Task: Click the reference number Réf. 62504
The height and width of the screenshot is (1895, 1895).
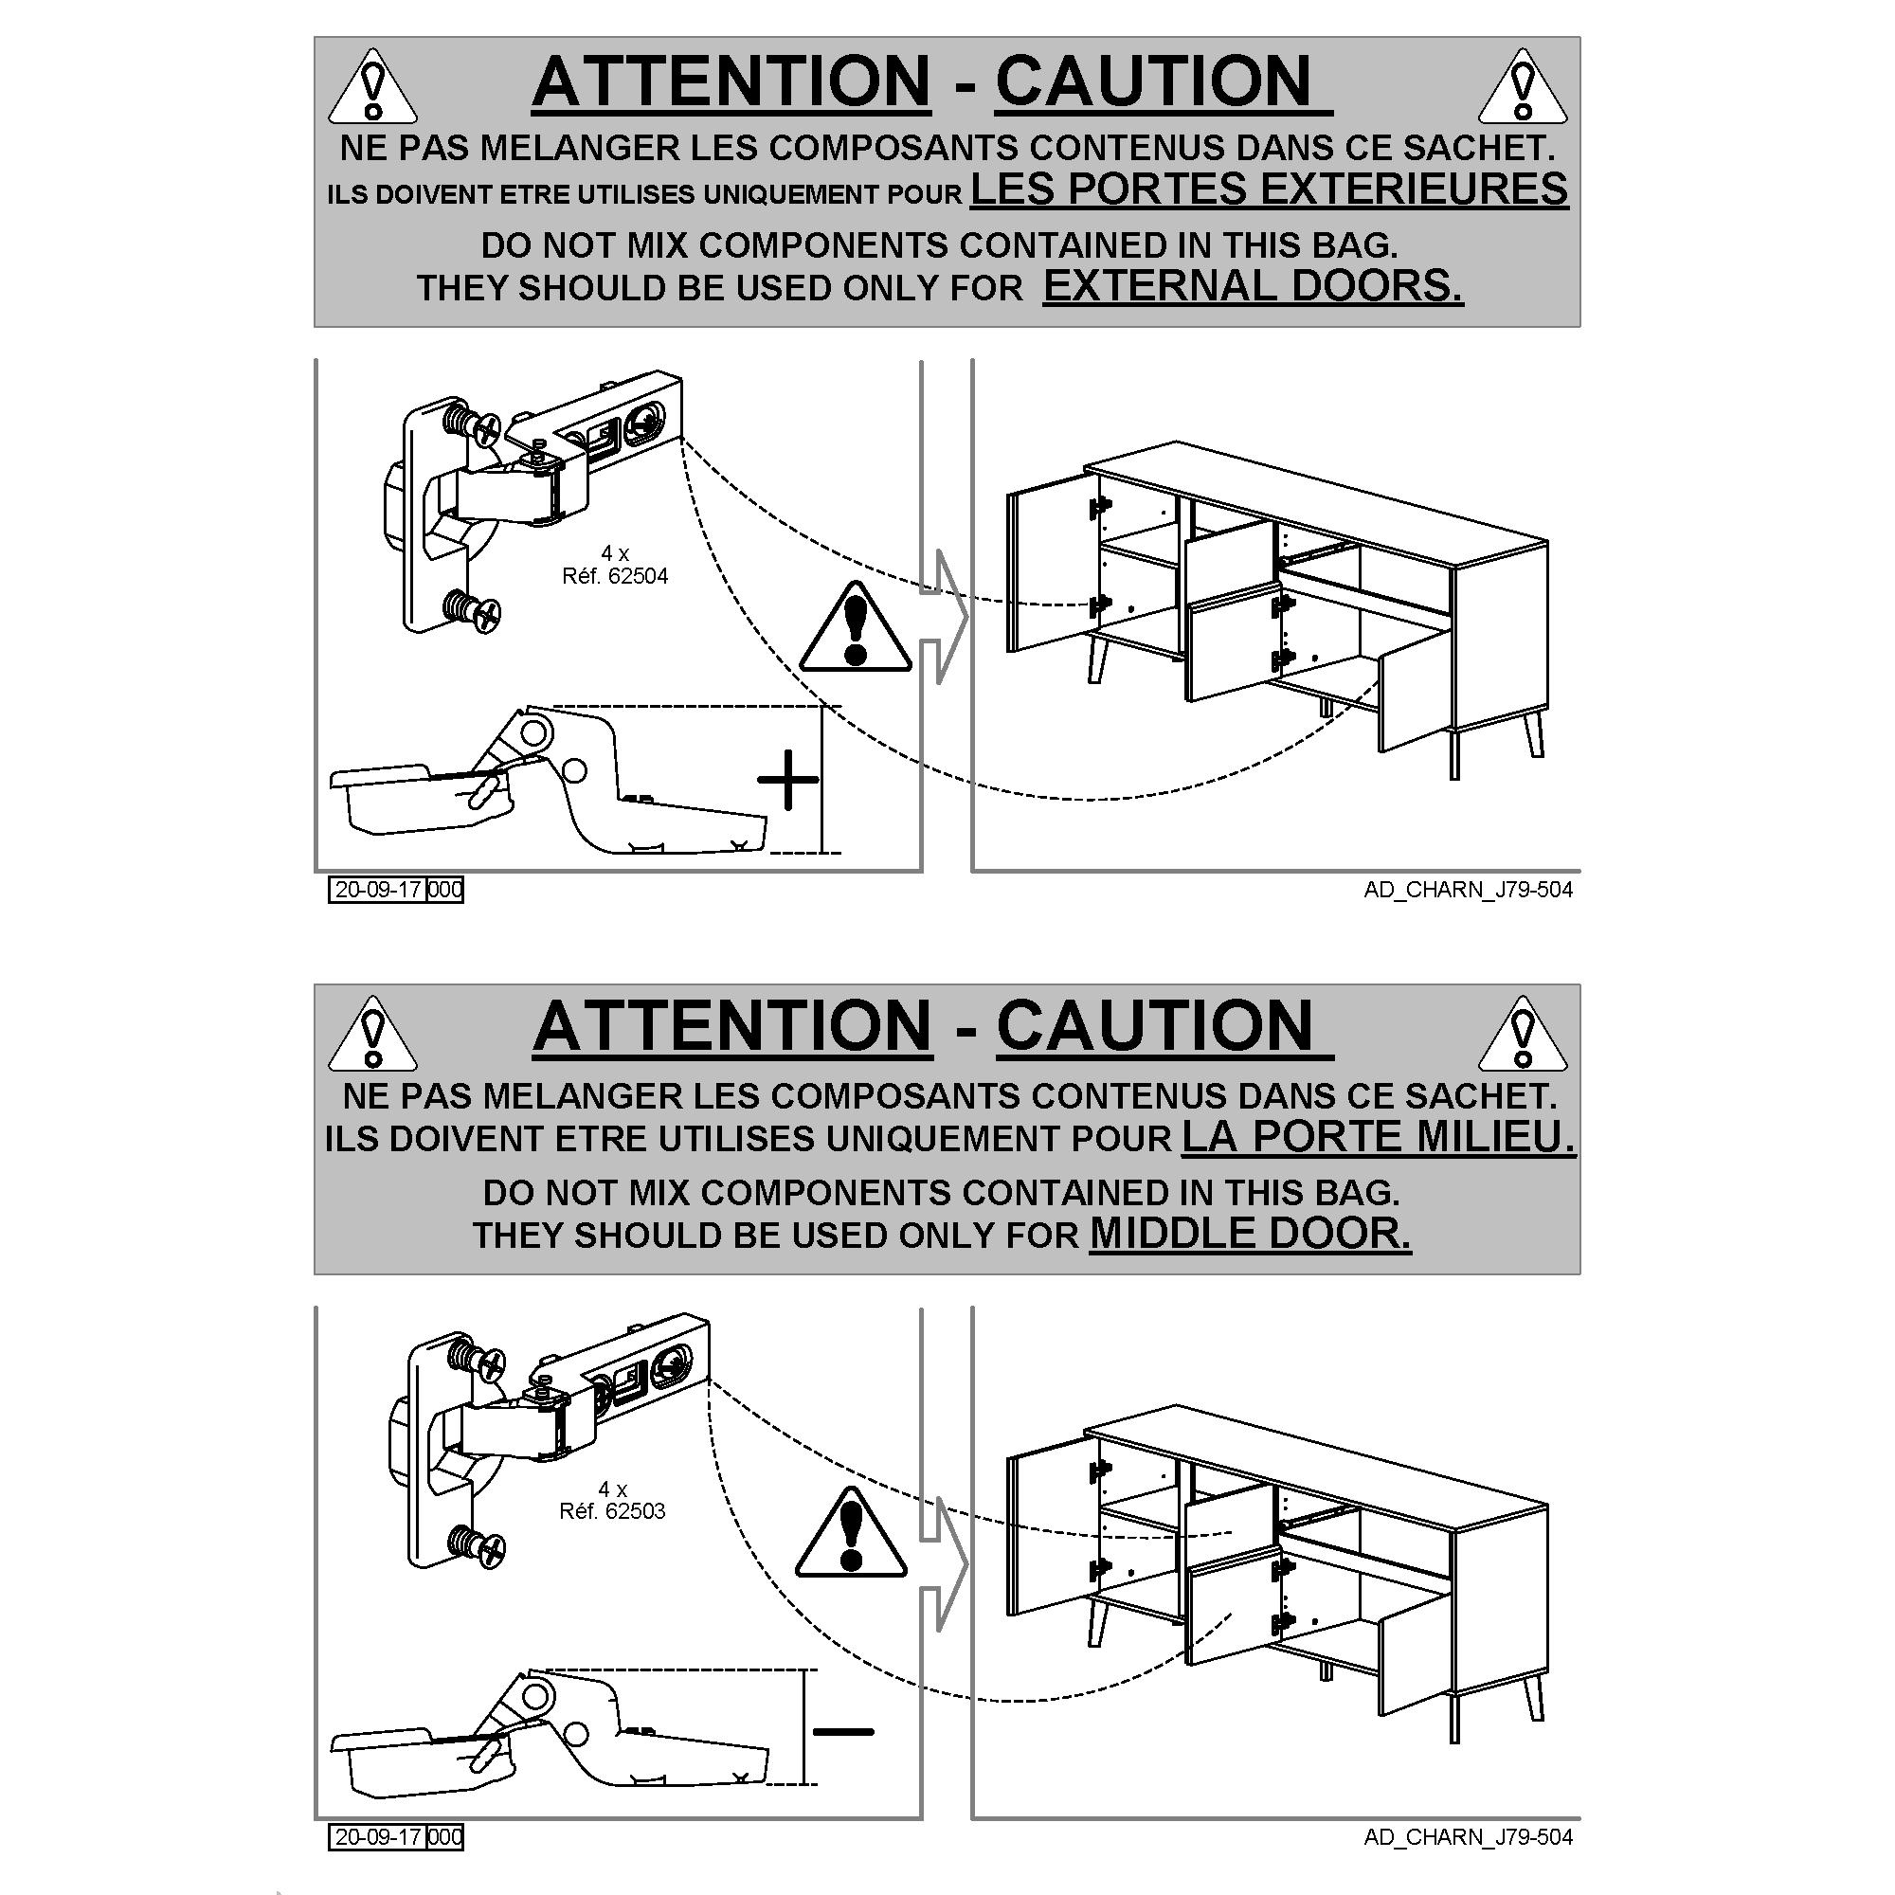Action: click(615, 576)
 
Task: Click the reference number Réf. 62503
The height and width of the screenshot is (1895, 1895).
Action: click(612, 1511)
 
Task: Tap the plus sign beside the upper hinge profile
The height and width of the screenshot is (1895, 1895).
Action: click(788, 780)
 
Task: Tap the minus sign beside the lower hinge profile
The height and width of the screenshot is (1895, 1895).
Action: click(843, 1731)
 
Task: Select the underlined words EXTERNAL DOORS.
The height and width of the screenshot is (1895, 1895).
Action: click(1253, 285)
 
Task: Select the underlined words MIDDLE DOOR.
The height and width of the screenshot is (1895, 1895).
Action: click(1251, 1233)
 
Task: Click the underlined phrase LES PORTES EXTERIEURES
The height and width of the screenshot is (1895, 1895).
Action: click(1270, 189)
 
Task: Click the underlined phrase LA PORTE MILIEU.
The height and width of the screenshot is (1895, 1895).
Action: click(1379, 1137)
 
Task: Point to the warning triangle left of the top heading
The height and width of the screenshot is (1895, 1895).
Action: click(371, 87)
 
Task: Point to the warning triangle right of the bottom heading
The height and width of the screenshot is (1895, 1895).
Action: click(1523, 1034)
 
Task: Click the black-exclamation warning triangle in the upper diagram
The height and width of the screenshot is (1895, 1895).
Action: click(856, 628)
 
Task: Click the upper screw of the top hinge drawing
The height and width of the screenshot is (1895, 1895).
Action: click(474, 424)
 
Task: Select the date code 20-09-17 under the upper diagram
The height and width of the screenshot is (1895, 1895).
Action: click(378, 890)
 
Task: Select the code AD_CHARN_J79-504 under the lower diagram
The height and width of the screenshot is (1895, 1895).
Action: click(1469, 1837)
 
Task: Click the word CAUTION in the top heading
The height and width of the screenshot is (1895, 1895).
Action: click(1153, 81)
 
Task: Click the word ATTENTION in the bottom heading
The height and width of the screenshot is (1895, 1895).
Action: click(732, 1026)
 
